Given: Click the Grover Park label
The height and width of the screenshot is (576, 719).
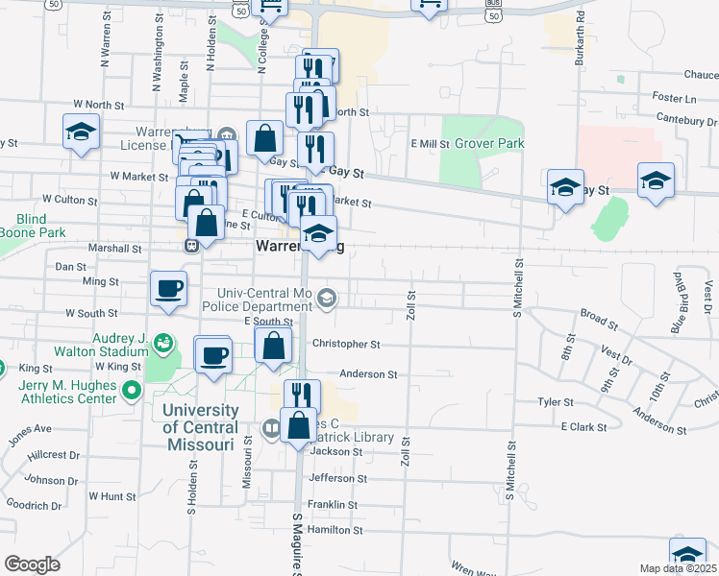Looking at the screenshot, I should [489, 143].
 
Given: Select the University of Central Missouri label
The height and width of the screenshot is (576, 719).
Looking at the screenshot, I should [199, 427].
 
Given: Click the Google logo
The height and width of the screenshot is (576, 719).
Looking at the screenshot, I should [32, 564].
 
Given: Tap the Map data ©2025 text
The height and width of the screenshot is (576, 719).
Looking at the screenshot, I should [678, 568].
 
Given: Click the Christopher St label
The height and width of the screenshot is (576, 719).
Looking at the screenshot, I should [346, 344].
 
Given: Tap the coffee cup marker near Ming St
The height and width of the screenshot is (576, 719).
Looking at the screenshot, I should [169, 289].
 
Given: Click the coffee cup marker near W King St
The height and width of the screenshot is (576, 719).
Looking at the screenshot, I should [213, 354].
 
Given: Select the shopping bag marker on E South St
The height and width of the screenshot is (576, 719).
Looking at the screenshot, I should [274, 346].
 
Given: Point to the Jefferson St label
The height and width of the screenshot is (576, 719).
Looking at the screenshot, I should [337, 478].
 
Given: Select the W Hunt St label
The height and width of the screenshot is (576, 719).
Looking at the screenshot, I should [112, 496].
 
